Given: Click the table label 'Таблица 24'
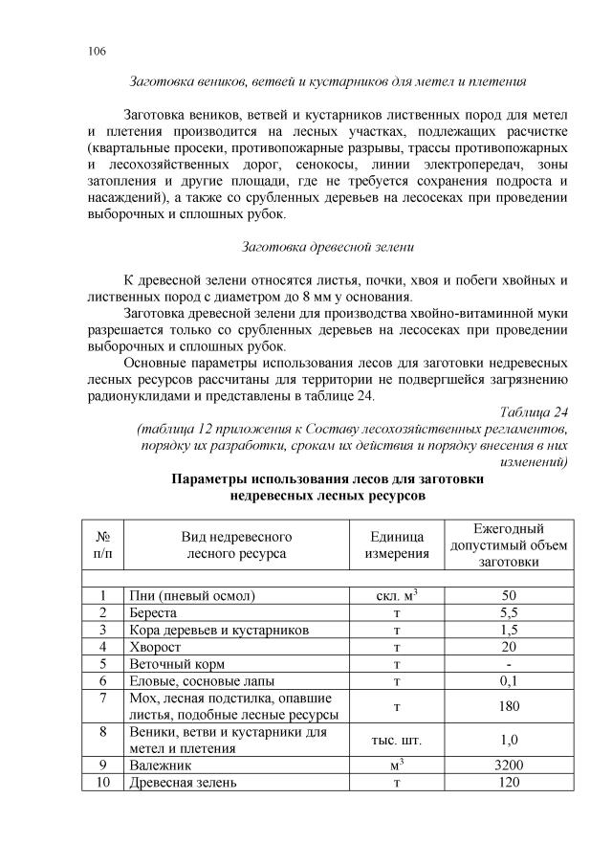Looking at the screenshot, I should [535, 412].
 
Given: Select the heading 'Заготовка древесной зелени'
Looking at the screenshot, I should [328, 247].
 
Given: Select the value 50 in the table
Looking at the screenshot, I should [509, 594].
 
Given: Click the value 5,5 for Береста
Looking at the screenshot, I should [509, 611].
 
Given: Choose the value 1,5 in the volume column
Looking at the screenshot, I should [509, 629].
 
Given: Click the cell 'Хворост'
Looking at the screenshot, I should [154, 646].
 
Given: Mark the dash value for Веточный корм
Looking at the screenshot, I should [509, 663].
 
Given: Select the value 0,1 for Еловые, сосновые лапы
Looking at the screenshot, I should [509, 680].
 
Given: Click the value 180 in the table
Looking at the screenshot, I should [509, 706].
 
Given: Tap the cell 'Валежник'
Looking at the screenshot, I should [160, 765].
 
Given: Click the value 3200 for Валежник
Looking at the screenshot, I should [509, 765].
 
